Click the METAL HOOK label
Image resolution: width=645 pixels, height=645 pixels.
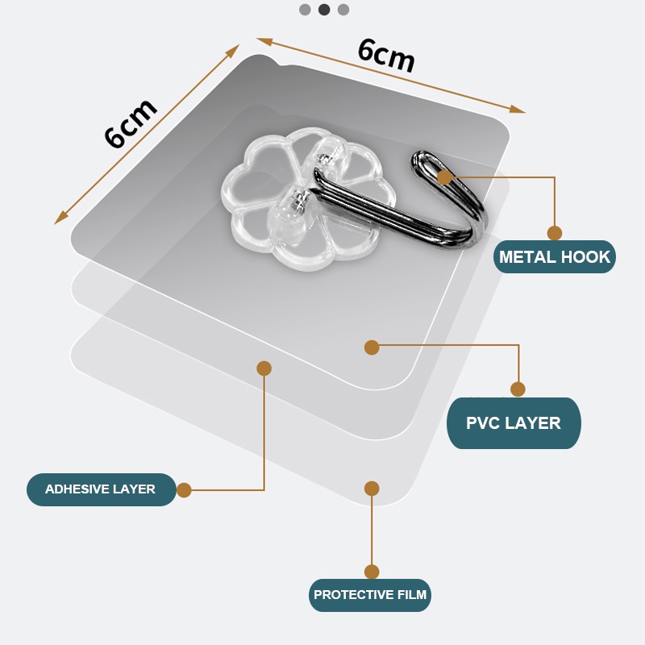tap(555, 257)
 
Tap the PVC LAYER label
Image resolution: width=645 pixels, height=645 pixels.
tap(514, 423)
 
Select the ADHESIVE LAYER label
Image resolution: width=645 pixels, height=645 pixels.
tap(101, 489)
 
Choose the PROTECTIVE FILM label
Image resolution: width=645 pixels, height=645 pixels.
tap(371, 595)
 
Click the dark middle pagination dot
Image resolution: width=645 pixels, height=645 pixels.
tap(324, 10)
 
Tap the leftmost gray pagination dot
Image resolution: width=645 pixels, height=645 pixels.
tap(305, 10)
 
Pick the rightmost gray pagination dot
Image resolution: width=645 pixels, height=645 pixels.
tap(343, 10)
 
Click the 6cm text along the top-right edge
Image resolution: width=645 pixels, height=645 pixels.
tap(386, 56)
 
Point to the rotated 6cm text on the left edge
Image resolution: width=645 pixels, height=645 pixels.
tap(130, 123)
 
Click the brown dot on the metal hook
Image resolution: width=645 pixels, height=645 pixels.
tap(444, 177)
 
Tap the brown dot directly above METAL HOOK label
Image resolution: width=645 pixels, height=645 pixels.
tap(555, 233)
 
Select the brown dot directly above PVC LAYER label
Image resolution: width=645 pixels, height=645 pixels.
tap(518, 389)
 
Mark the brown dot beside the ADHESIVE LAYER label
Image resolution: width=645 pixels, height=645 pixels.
tap(184, 489)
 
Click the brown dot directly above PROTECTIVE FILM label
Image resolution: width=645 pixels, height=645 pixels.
tap(372, 572)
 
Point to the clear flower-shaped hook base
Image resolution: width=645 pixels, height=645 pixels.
tap(266, 193)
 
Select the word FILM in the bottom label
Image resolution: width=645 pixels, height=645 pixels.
tap(411, 595)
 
